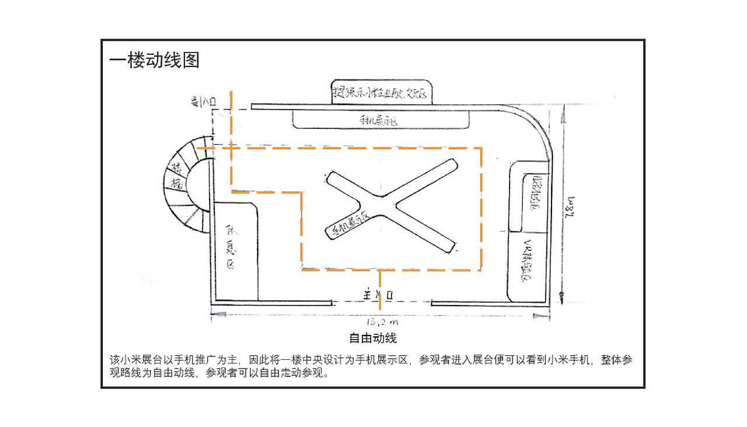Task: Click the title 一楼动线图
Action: point(155,60)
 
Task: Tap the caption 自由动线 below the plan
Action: point(373,338)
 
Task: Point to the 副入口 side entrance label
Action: point(204,102)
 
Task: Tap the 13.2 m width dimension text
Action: point(381,321)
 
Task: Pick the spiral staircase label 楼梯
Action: point(176,177)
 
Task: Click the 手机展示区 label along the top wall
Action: point(379,121)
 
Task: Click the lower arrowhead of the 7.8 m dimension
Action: point(562,295)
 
